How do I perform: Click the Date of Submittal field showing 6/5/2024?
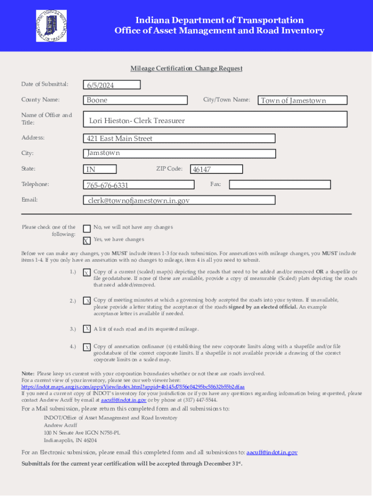point(111,85)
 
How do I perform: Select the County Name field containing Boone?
point(135,100)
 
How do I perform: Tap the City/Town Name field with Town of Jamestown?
point(302,101)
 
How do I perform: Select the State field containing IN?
point(100,170)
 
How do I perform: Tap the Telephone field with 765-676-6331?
point(139,185)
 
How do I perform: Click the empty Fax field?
point(280,185)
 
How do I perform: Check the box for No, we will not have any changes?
point(87,229)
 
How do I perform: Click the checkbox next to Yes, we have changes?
point(86,241)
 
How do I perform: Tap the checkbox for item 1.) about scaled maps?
point(87,273)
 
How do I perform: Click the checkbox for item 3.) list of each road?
point(87,329)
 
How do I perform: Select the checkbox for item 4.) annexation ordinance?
point(87,347)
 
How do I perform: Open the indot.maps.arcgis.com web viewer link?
point(133,387)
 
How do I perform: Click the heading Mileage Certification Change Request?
point(186,69)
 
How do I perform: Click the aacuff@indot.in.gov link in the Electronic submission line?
point(272,452)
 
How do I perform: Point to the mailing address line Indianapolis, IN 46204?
point(70,441)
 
